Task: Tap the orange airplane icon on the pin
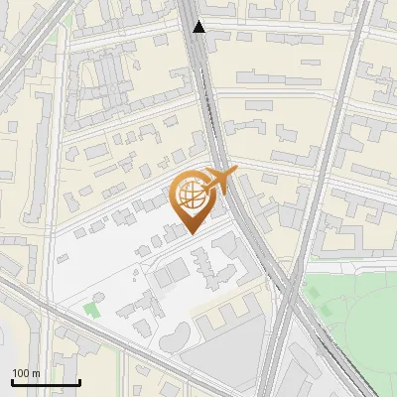(x=218, y=181)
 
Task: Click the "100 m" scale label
(x=27, y=372)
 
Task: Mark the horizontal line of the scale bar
(x=46, y=382)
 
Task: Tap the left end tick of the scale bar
(x=12, y=380)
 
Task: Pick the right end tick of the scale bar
(x=79, y=380)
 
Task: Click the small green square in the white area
(x=92, y=309)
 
